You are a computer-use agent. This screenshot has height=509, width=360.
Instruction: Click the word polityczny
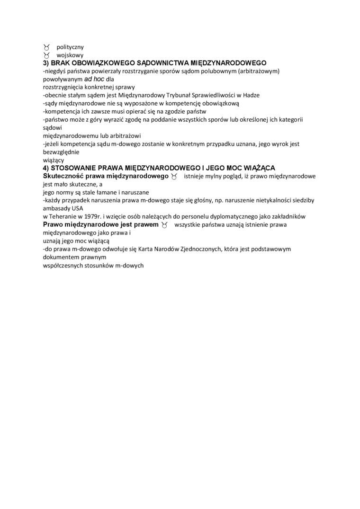(70, 47)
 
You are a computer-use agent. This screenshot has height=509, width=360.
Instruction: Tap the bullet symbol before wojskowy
(46, 55)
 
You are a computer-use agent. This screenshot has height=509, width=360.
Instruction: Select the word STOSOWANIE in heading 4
(73, 168)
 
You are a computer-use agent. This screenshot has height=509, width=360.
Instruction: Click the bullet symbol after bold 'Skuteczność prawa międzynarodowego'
(175, 177)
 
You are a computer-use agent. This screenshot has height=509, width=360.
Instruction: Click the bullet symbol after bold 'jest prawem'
(165, 224)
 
